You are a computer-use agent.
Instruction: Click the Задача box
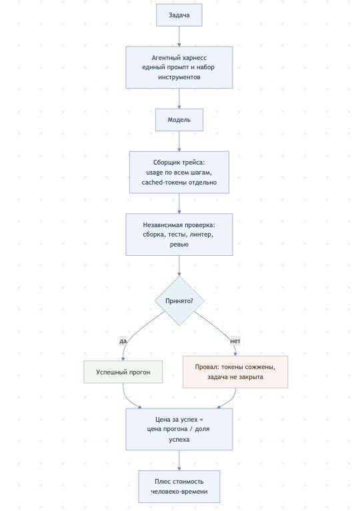[179, 15]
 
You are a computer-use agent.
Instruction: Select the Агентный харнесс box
[179, 67]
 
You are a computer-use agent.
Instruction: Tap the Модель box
[179, 120]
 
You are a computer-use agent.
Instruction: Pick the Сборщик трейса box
[179, 173]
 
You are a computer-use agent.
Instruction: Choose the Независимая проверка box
[179, 235]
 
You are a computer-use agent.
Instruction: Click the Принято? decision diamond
[179, 300]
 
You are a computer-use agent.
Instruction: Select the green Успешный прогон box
[123, 372]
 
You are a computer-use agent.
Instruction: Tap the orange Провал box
[235, 372]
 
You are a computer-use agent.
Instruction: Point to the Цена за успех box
[179, 429]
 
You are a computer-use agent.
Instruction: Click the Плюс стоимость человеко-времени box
[179, 486]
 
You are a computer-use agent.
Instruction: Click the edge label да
[123, 341]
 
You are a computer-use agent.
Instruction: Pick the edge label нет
[235, 341]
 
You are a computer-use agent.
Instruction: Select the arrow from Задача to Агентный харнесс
[179, 36]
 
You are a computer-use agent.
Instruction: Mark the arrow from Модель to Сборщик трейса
[179, 141]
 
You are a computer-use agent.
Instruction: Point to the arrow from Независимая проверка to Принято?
[179, 266]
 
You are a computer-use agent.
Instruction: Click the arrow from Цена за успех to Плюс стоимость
[179, 460]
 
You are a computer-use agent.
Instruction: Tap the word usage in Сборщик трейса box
[154, 173]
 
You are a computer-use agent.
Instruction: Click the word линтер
[201, 235]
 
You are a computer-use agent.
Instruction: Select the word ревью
[179, 245]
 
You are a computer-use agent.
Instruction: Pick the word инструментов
[179, 77]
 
